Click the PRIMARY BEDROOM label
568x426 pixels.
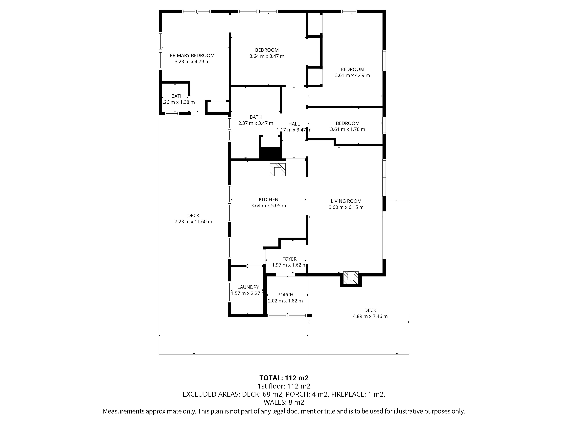point(192,56)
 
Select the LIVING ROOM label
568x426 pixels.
point(346,201)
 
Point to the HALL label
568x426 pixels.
point(294,124)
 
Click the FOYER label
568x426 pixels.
point(289,259)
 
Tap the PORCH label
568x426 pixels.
point(285,295)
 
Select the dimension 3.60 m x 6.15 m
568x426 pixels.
point(346,207)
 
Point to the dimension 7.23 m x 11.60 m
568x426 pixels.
point(193,222)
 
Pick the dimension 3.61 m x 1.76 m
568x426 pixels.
point(348,129)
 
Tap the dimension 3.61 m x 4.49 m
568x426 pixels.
point(352,76)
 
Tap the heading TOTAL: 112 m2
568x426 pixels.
point(284,378)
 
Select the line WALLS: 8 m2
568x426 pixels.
point(284,402)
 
